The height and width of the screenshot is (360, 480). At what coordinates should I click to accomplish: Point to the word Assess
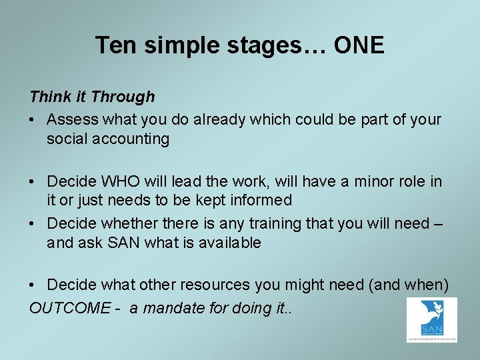(72, 120)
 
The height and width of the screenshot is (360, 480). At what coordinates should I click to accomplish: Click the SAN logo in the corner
(432, 320)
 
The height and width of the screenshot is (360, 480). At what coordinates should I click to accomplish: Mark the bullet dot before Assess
(33, 121)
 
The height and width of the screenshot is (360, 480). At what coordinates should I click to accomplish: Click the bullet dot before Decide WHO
(33, 182)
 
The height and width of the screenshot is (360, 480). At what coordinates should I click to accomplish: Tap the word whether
(127, 223)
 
